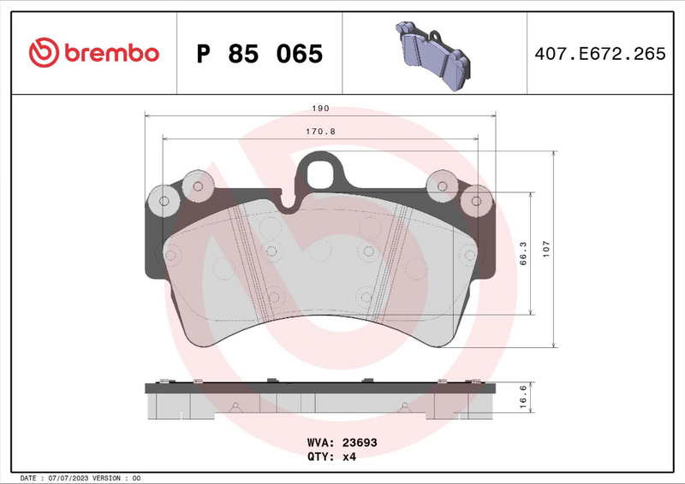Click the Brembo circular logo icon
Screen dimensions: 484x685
(x=43, y=53)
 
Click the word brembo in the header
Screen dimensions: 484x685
(x=108, y=53)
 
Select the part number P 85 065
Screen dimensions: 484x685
(x=259, y=54)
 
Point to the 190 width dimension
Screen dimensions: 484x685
(x=320, y=109)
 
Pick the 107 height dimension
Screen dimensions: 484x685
(x=545, y=249)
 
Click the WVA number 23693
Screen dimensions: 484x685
(x=360, y=443)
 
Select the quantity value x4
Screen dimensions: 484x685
(x=349, y=457)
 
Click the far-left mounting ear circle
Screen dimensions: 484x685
(x=162, y=201)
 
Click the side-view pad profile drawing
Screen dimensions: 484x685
(x=320, y=400)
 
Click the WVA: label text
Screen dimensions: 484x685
(x=321, y=443)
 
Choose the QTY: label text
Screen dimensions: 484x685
(x=321, y=457)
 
